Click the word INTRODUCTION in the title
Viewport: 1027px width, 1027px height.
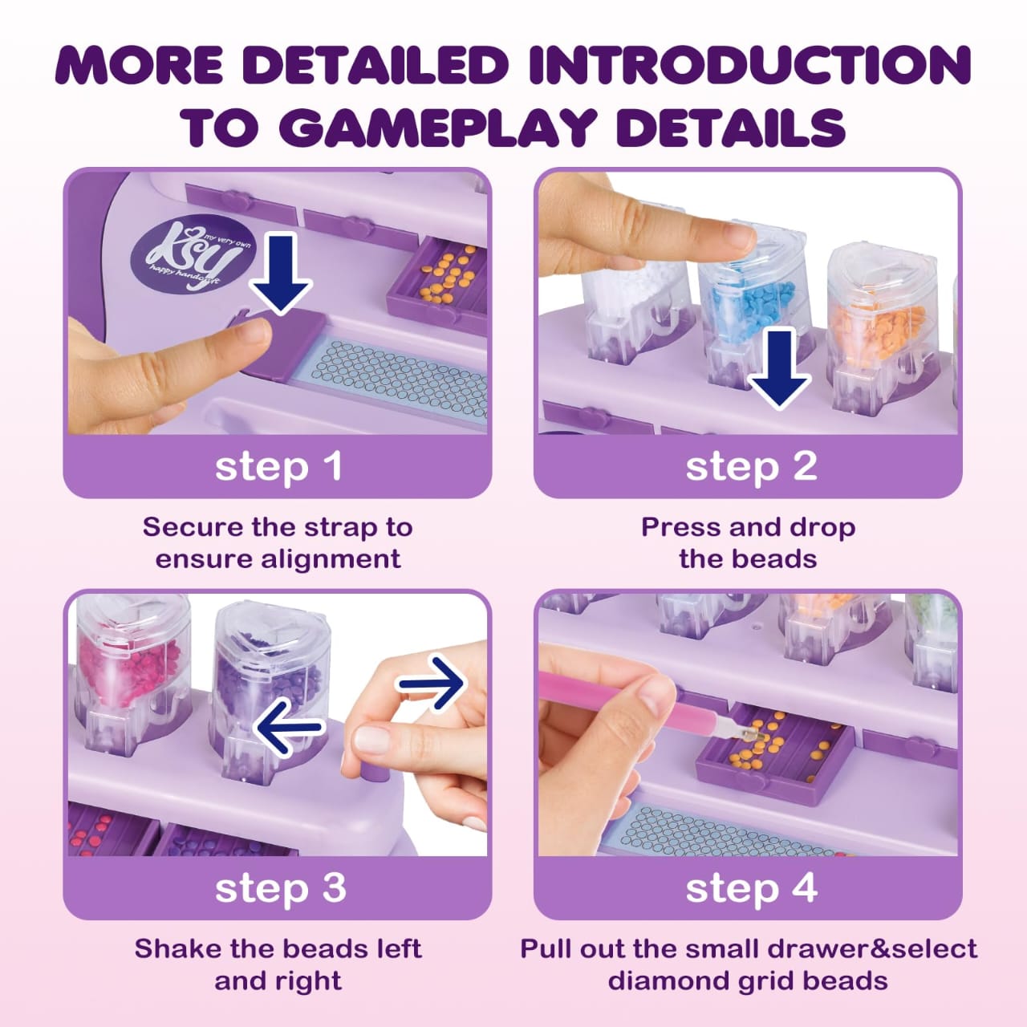(x=749, y=65)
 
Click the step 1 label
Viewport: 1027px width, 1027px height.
(x=278, y=467)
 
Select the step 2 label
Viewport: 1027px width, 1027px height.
(x=751, y=467)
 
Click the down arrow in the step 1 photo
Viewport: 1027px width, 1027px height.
(x=281, y=274)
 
